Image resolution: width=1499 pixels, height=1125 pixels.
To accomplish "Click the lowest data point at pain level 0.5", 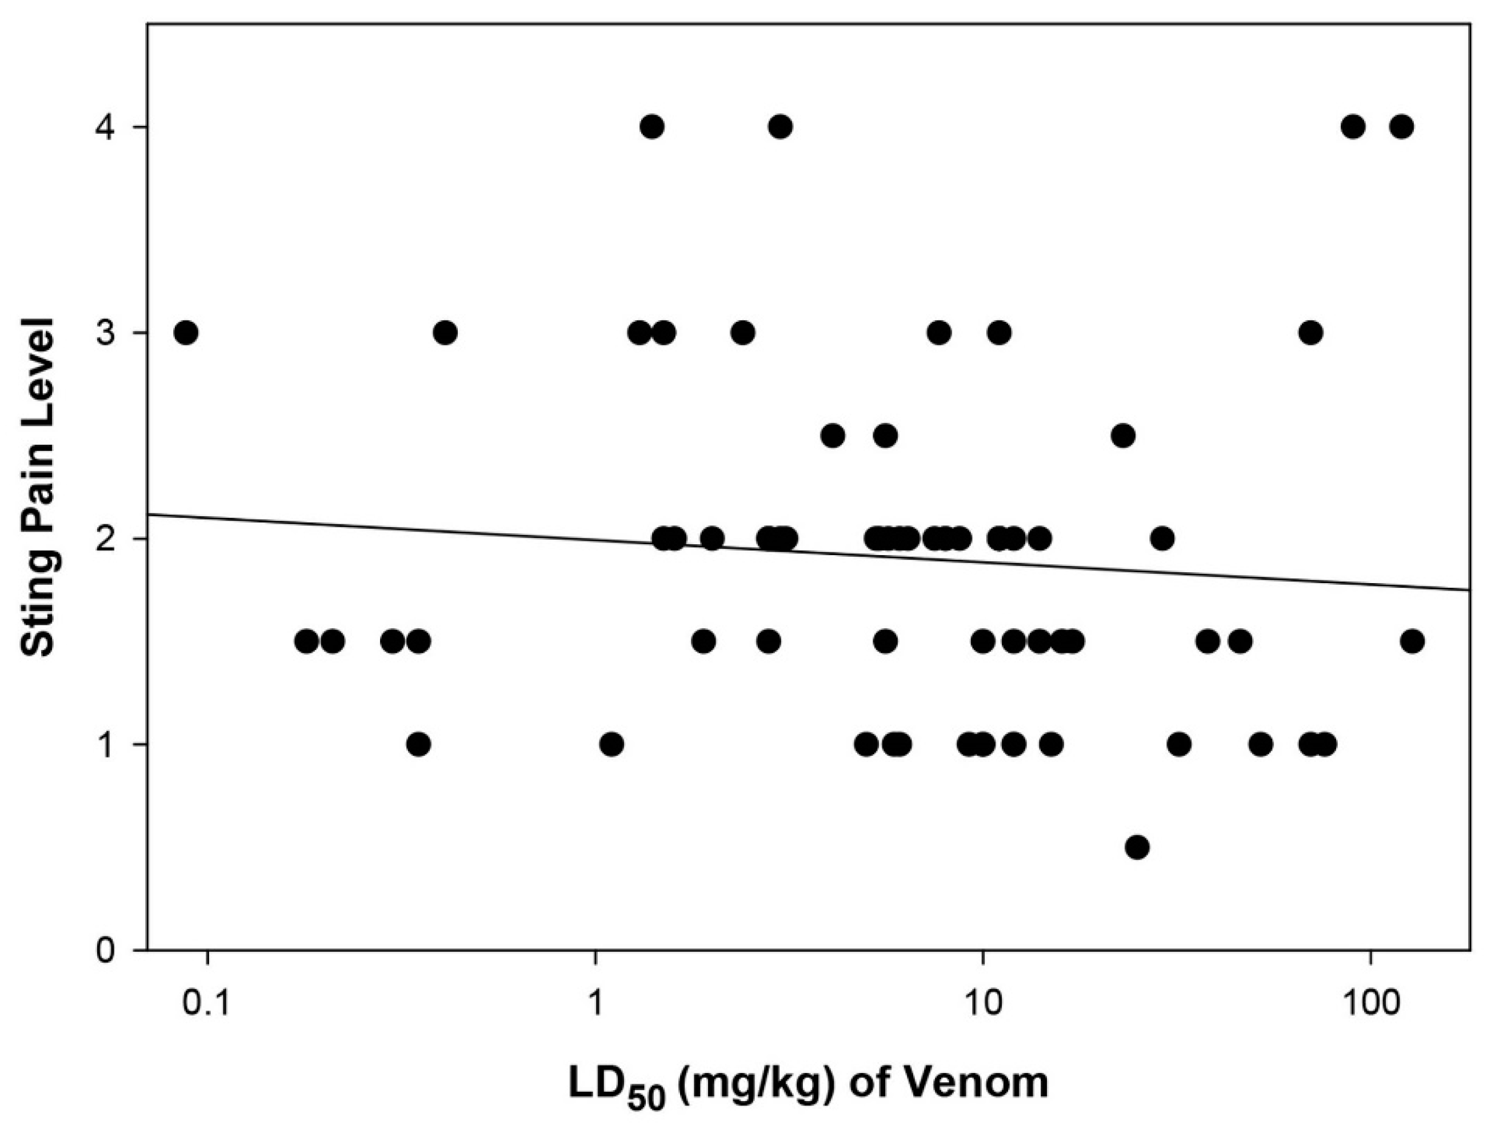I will (x=1138, y=847).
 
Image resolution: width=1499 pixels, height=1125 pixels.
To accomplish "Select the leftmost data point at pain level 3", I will (x=186, y=333).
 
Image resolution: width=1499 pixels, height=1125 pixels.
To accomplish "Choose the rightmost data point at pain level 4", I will (x=1401, y=127).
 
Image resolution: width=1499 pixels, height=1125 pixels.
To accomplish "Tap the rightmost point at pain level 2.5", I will (x=1123, y=436).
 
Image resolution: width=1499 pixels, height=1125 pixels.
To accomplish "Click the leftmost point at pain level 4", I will (x=652, y=127).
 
